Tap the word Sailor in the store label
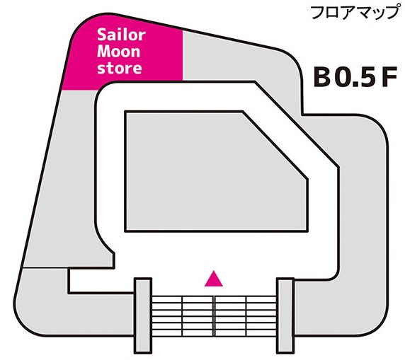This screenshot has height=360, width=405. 121,35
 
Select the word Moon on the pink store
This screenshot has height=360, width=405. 118,52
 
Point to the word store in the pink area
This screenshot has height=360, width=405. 120,69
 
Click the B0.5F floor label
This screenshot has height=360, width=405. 355,77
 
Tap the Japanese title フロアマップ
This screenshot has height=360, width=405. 354,13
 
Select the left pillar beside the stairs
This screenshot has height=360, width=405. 142,315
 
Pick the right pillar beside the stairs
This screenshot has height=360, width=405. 285,315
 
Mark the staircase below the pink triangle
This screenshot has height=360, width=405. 214,316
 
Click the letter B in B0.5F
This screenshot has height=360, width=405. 321,77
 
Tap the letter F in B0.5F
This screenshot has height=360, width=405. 389,77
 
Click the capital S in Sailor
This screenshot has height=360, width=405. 101,35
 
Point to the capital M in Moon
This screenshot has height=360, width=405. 104,52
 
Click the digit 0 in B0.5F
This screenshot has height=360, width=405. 342,77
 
